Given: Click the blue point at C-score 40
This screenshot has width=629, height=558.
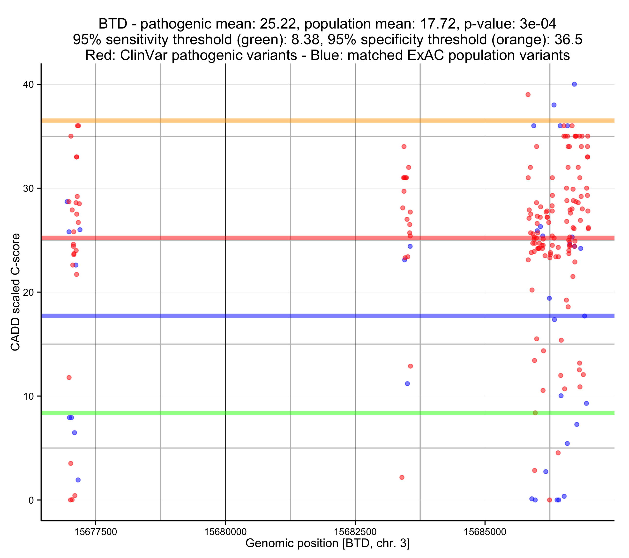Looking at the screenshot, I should [574, 84].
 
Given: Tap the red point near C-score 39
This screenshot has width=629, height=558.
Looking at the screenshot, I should [528, 95].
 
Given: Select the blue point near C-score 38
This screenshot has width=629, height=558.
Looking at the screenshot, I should [554, 105].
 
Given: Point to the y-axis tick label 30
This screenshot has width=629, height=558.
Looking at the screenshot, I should [28, 188].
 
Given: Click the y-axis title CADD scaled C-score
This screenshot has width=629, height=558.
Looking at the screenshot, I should [15, 292].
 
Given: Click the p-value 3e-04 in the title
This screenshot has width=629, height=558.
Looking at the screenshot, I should [538, 24].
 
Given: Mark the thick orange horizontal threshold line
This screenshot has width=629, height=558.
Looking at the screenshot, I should [308, 121].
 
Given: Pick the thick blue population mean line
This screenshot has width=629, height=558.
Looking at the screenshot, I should [308, 316].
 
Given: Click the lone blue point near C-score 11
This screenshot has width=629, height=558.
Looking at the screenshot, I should [407, 384].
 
